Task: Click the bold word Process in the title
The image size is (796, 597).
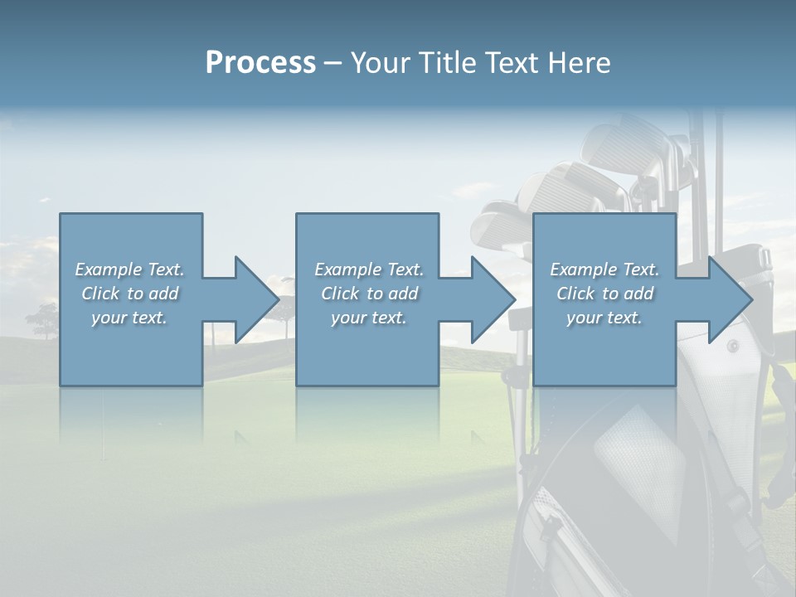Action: (260, 63)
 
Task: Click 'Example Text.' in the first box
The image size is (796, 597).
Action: (129, 269)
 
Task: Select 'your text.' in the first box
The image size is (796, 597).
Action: (129, 318)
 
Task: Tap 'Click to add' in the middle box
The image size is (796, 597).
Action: (369, 294)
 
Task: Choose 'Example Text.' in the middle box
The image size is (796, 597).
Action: (369, 269)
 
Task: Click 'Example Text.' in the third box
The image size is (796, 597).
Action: (604, 269)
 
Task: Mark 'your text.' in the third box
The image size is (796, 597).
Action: (604, 318)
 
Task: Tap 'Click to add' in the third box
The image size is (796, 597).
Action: (604, 294)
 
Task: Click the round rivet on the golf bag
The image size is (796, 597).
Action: (732, 346)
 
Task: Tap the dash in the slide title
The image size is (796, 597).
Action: (333, 63)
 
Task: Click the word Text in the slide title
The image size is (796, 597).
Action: (511, 63)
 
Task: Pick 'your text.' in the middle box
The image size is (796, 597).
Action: (369, 318)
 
